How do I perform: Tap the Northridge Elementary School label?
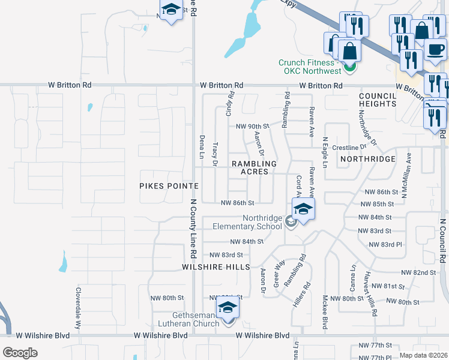(247, 222)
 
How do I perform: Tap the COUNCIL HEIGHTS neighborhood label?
(378, 100)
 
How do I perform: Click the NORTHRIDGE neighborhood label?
(367, 159)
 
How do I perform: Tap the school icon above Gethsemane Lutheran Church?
(228, 308)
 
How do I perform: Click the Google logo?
(20, 352)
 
